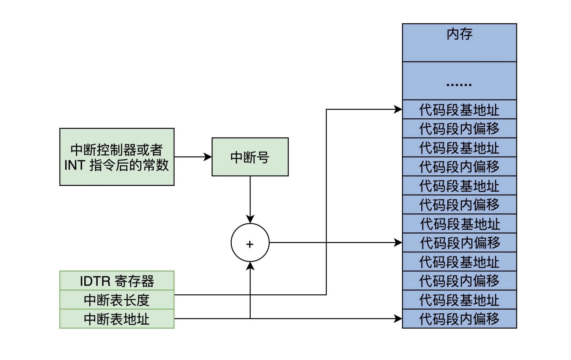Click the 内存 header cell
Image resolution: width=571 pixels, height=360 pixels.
pyautogui.click(x=459, y=42)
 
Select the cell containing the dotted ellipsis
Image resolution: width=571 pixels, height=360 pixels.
pyautogui.click(x=459, y=81)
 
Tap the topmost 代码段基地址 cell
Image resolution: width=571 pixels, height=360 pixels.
pyautogui.click(x=459, y=110)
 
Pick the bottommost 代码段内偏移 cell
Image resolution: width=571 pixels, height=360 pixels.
pyautogui.click(x=459, y=319)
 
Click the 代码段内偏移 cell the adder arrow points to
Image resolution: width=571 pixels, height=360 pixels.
pyautogui.click(x=459, y=242)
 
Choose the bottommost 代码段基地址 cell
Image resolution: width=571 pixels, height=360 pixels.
pyautogui.click(x=459, y=300)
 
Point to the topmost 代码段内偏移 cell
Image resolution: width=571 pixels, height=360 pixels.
pyautogui.click(x=459, y=129)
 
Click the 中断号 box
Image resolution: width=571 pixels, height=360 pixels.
pyautogui.click(x=250, y=157)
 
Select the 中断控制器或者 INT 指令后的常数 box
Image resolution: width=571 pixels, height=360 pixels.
pyautogui.click(x=117, y=157)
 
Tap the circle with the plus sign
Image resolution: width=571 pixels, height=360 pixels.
pyautogui.click(x=250, y=243)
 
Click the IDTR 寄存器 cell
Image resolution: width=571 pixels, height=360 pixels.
pyautogui.click(x=117, y=281)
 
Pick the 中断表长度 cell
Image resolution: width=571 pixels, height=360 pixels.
pyautogui.click(x=117, y=300)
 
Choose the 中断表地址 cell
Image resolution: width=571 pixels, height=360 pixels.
pyautogui.click(x=117, y=319)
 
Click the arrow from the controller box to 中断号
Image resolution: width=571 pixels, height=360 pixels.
pyautogui.click(x=193, y=157)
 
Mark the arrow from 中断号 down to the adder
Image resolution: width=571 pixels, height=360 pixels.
pyautogui.click(x=250, y=199)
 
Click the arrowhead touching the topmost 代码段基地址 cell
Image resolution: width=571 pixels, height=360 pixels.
pyautogui.click(x=398, y=110)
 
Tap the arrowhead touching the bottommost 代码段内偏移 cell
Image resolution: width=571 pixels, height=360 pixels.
pyautogui.click(x=398, y=318)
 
